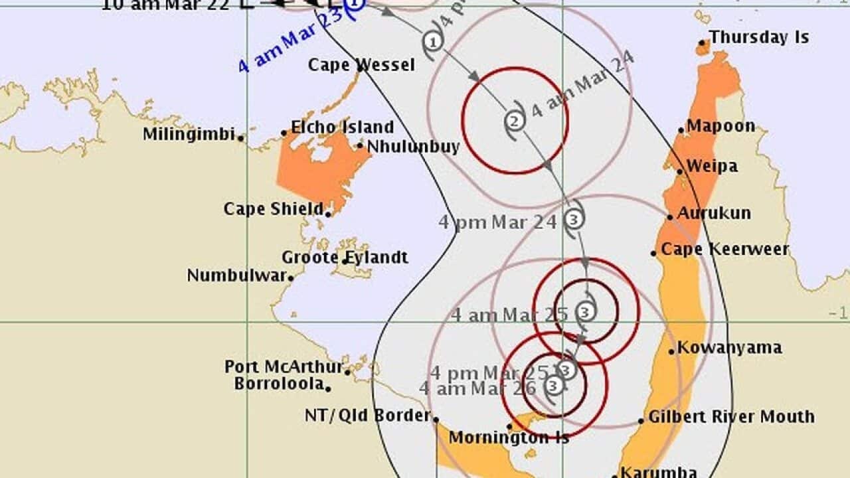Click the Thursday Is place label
759,37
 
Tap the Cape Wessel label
361,65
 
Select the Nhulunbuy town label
413,146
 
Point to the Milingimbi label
189,135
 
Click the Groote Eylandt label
345,258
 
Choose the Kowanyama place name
730,348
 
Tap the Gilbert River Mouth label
731,417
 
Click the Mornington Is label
509,438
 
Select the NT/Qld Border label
367,416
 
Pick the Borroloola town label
279,384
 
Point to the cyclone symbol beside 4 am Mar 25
585,310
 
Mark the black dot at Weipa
680,171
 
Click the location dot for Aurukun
671,217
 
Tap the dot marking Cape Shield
328,214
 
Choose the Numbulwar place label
236,276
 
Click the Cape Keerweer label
724,250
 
